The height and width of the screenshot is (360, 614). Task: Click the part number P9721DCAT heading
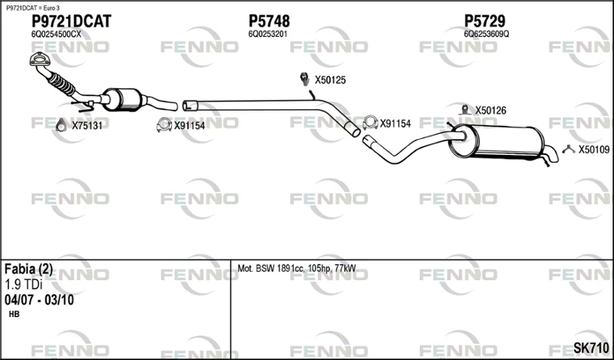pos(71,21)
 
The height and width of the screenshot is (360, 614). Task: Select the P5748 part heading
pos(269,21)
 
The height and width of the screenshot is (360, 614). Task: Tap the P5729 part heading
pos(485,21)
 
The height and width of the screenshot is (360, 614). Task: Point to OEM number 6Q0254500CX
pos(56,34)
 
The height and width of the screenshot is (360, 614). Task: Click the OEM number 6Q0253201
pos(268,34)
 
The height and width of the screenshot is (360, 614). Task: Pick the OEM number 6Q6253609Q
pos(487,34)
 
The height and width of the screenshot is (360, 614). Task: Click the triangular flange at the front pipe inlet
pos(40,59)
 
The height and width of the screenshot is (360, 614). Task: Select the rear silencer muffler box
pos(496,141)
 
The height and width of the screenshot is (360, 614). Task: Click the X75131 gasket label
pos(87,126)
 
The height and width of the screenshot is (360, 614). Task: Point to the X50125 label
pos(331,81)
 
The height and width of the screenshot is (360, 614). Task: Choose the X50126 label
pos(490,111)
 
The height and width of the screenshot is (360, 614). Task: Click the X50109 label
pos(594,150)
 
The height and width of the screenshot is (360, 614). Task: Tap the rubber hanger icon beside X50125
pos(304,78)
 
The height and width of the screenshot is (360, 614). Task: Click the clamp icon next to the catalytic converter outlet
pos(164,125)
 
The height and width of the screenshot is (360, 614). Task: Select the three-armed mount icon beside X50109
pos(569,149)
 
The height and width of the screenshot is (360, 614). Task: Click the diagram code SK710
pos(591,348)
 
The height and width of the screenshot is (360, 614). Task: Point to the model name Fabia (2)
pos(28,269)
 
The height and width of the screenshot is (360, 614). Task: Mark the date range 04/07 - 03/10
pos(39,300)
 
